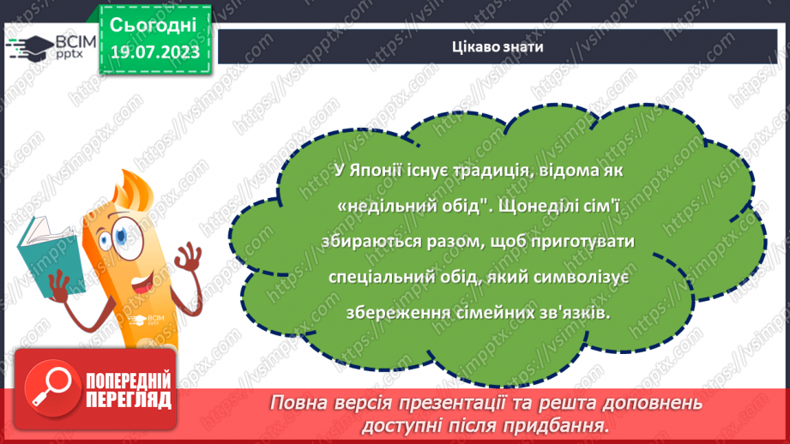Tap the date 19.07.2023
[x=154, y=52]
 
